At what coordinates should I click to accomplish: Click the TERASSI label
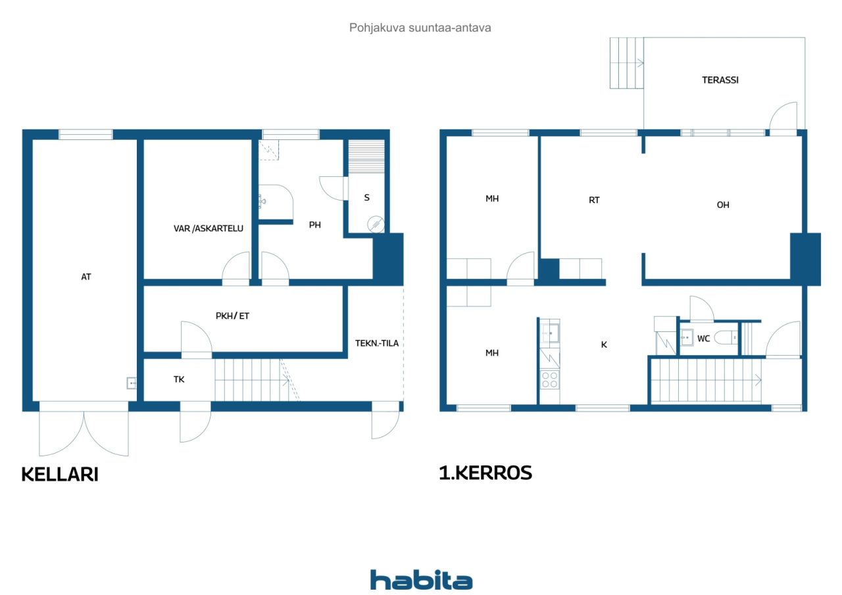[x=720, y=80]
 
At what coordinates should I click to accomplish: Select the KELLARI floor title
[x=60, y=474]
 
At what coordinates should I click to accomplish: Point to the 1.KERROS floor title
[x=485, y=473]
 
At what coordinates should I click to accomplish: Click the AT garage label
[x=86, y=277]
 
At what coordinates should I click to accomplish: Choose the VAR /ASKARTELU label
[x=209, y=228]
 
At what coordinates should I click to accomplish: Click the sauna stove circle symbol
[x=376, y=224]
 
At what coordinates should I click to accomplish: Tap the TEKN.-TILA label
[x=377, y=343]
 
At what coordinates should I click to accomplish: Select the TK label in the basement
[x=179, y=379]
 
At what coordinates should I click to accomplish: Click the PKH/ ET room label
[x=232, y=316]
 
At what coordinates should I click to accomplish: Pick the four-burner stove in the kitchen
[x=549, y=379]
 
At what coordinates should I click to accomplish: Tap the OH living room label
[x=723, y=204]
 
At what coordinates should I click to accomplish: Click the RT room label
[x=594, y=201]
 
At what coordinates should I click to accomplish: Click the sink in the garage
[x=132, y=383]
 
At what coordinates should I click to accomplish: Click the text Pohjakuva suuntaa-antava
[x=420, y=28]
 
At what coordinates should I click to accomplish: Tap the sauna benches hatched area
[x=366, y=156]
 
